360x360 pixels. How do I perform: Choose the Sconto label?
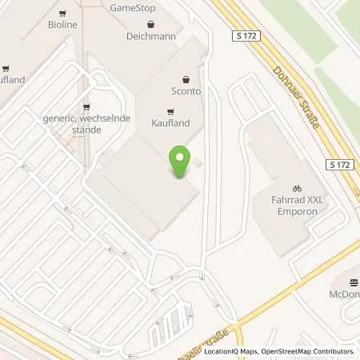pyautogui.click(x=186, y=91)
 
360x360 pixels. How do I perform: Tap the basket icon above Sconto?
pyautogui.click(x=186, y=78)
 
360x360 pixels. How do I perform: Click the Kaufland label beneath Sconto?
pyautogui.click(x=170, y=124)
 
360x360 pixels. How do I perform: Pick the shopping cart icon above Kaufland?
pyautogui.click(x=170, y=111)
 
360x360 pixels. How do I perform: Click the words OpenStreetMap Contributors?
pyautogui.click(x=310, y=351)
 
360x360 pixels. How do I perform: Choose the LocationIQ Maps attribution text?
pyautogui.click(x=233, y=351)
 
